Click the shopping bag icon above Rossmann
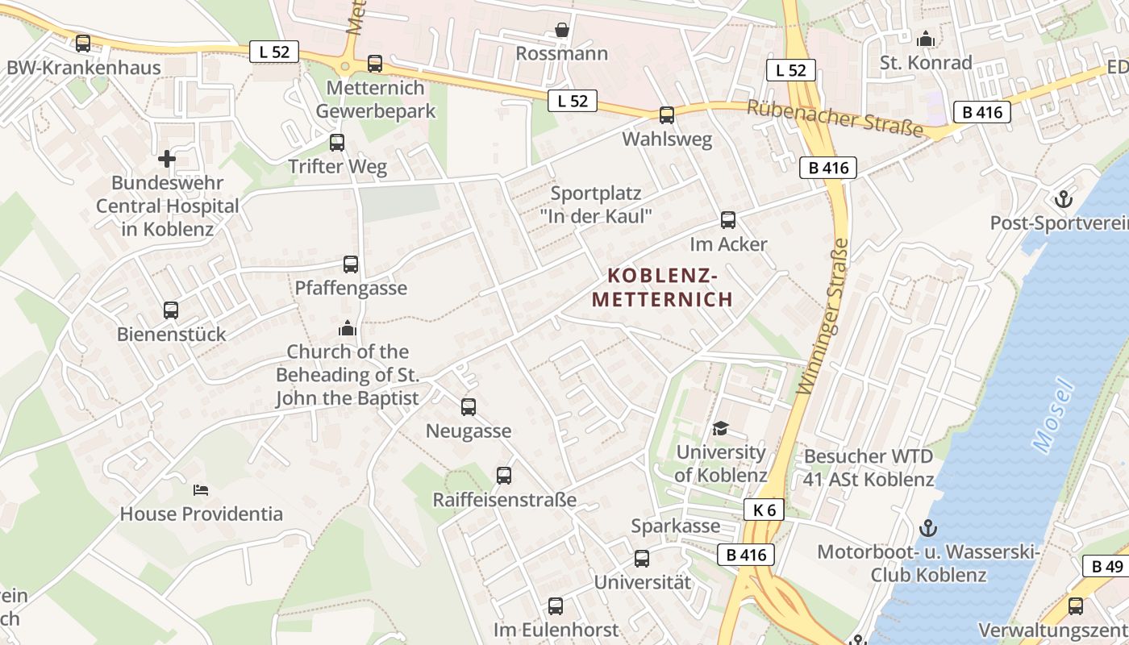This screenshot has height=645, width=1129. pos(562,31)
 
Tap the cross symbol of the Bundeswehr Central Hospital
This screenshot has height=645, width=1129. pos(167,159)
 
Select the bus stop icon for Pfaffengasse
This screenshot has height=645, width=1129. pos(351,264)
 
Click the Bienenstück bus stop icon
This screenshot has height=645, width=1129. pos(171,310)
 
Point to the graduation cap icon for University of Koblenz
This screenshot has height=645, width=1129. pos(720,428)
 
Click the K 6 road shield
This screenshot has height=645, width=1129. pos(764,510)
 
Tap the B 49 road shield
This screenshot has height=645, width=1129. pos(1106,566)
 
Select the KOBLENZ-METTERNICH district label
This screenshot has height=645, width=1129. pos(662,288)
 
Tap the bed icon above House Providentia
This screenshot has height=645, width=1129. pos(201,489)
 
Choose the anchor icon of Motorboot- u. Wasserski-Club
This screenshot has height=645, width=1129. pos(928,529)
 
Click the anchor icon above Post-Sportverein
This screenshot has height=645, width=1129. pos(1063,198)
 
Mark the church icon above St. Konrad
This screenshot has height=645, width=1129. pos(926,39)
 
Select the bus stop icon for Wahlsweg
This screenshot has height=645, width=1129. pos(667,115)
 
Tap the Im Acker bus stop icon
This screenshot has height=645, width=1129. pos(728,220)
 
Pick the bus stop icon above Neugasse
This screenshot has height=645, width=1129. pos(469,407)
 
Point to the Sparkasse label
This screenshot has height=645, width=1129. pos(676,526)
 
